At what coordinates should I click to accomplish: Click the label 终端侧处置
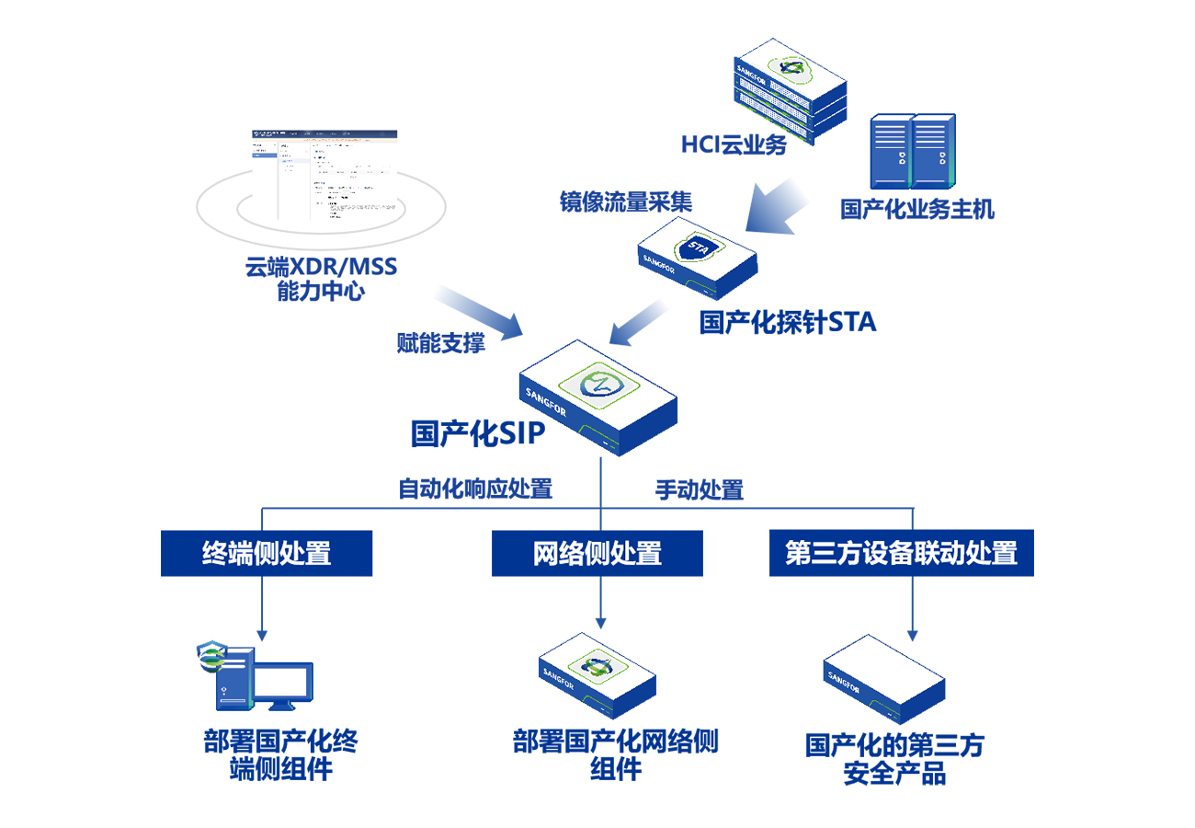[267, 554]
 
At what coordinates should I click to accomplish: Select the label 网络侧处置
[597, 554]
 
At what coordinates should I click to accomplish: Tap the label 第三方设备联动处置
[902, 554]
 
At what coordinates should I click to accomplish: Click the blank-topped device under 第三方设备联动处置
[882, 676]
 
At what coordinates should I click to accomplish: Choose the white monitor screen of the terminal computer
[280, 682]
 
